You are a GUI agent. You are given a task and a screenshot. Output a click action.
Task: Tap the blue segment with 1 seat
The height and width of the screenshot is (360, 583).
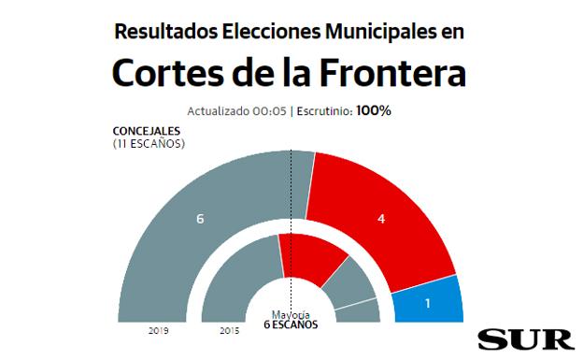point(427,301)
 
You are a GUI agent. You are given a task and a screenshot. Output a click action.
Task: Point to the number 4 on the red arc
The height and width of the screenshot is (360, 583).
point(380,219)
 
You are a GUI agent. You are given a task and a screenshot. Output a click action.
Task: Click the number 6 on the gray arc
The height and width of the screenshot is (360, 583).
point(199,219)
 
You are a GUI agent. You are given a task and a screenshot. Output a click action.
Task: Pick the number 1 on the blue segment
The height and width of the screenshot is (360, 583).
point(427,303)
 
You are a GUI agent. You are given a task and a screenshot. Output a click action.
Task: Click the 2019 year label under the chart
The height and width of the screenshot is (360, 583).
point(158,331)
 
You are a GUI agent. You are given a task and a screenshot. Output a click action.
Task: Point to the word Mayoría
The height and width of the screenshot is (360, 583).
point(290,314)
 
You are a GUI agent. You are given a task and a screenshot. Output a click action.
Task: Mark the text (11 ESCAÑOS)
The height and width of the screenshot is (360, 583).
point(148,144)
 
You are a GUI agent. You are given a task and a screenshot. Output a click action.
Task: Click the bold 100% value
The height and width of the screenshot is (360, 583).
point(374,110)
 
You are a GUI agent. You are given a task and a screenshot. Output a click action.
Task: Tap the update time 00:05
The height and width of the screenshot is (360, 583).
point(269,111)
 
